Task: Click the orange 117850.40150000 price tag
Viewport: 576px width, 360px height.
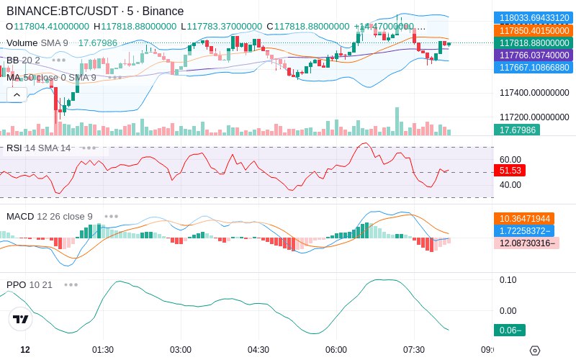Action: click(534, 30)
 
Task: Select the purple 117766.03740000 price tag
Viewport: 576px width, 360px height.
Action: click(534, 55)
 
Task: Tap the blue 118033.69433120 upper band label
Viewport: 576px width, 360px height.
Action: click(534, 17)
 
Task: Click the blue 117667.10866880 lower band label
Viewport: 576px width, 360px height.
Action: click(534, 68)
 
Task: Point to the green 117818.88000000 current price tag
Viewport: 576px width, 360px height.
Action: click(534, 43)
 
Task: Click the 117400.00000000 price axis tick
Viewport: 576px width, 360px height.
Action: click(534, 93)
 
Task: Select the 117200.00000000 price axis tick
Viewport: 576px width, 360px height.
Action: click(534, 117)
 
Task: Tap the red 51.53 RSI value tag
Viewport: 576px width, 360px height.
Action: click(510, 171)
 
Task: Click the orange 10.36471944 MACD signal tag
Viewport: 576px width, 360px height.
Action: click(524, 219)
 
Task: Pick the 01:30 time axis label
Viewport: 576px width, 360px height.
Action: click(103, 350)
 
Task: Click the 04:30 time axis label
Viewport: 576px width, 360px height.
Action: click(258, 350)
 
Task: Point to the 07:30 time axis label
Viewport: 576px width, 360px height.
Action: click(414, 350)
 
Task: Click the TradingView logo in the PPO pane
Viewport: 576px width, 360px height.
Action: click(21, 319)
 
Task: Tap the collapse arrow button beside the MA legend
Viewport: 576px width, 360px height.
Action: click(17, 95)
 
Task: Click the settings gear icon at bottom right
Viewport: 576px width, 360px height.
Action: click(535, 351)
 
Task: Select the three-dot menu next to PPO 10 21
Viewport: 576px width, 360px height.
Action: click(71, 284)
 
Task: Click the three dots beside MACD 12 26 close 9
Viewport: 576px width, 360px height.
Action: click(112, 217)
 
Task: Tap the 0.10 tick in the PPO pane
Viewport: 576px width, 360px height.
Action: click(508, 280)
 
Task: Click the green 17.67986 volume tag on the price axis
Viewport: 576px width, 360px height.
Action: click(517, 130)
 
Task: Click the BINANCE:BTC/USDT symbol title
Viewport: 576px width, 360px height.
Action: click(63, 11)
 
